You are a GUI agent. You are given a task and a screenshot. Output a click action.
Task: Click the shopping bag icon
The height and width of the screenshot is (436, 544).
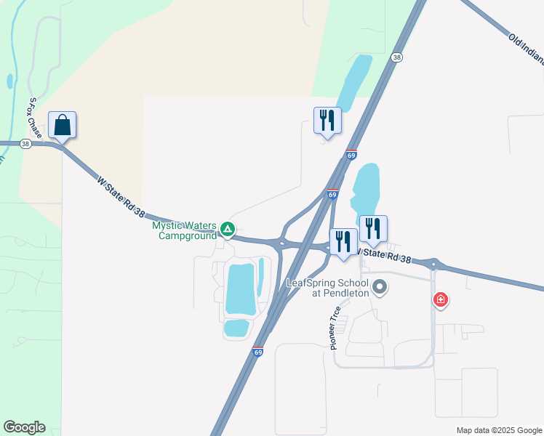coord(63,125)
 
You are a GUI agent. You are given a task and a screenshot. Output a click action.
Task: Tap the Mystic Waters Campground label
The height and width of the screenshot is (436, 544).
coord(184,230)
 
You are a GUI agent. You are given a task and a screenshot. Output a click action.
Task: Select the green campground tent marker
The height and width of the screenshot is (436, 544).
coord(228,230)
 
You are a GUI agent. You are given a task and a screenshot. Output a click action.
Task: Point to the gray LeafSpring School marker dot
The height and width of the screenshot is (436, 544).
coord(379,288)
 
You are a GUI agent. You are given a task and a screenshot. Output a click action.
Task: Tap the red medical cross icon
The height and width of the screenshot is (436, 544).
coord(440,299)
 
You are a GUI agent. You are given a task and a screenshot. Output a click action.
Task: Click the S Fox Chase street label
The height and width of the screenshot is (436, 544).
coord(34,118)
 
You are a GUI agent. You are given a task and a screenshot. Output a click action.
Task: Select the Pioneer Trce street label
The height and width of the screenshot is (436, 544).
coord(335,328)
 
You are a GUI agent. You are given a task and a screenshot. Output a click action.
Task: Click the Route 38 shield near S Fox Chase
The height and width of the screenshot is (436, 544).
coord(26,144)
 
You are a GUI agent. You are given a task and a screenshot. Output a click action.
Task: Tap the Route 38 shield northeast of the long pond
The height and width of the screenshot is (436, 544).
coord(396,57)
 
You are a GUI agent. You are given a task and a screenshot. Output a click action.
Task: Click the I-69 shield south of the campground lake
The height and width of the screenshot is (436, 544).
coord(258,352)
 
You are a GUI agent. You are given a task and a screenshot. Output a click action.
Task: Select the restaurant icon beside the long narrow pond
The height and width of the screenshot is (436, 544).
coord(327,121)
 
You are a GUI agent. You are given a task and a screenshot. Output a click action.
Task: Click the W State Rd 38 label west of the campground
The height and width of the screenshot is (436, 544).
coord(121,196)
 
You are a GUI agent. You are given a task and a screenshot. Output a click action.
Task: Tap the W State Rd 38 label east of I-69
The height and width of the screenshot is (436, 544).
coord(385,257)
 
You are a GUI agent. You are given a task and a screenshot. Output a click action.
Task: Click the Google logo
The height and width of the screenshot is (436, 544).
coord(24,427)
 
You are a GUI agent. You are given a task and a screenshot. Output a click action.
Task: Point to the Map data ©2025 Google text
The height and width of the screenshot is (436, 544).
coord(498,430)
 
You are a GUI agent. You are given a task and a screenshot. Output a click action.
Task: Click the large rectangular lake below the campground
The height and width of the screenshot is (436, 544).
coord(241,288)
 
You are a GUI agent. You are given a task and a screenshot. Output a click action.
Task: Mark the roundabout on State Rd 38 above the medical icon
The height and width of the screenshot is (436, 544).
coord(433,264)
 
